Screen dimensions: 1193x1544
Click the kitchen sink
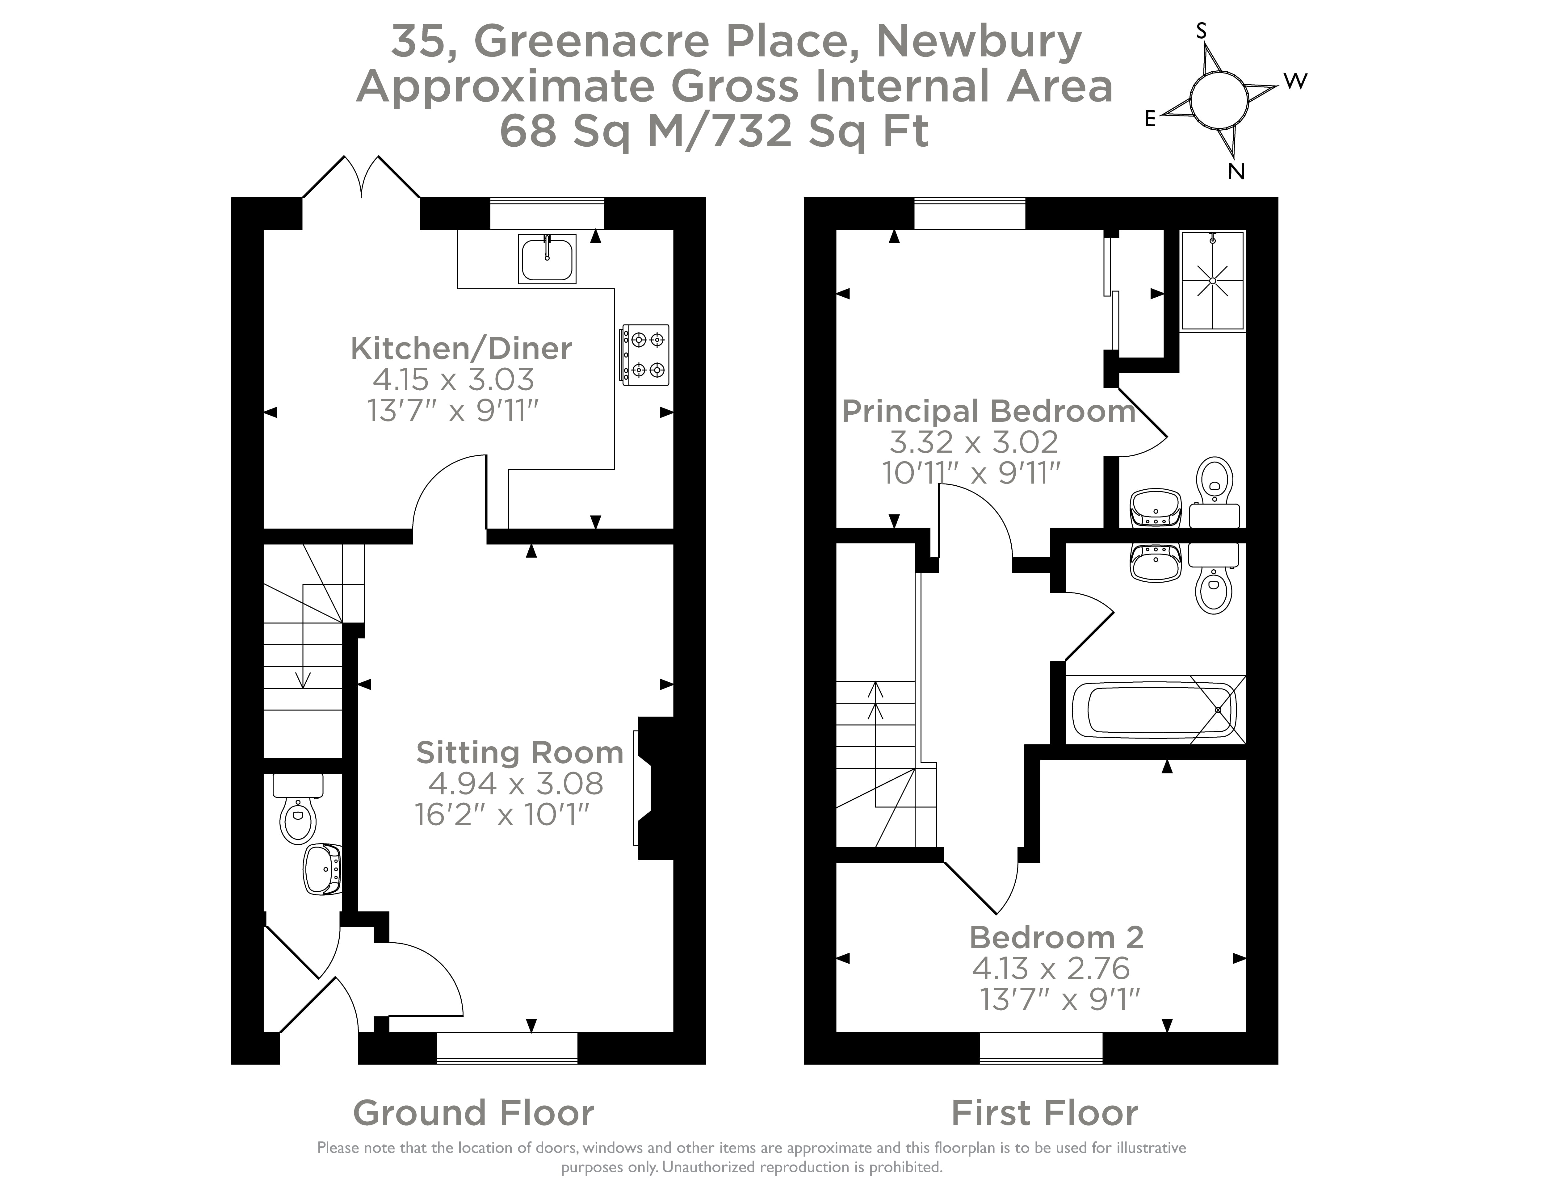(x=547, y=259)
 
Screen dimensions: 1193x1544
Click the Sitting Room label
(x=520, y=753)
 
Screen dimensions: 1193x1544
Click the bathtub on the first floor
(x=1155, y=710)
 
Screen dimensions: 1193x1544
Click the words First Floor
(x=1044, y=1113)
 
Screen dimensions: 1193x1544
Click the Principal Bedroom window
(x=969, y=213)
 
